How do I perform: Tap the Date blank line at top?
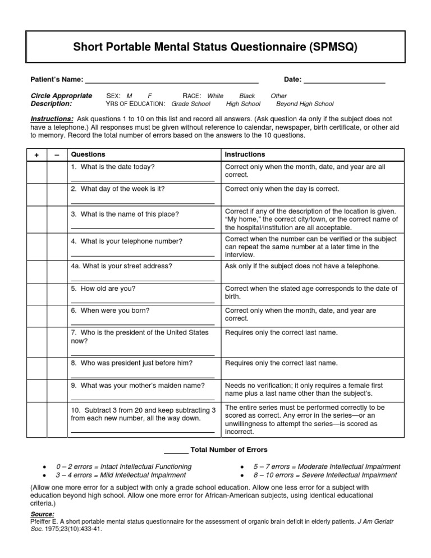click(344, 82)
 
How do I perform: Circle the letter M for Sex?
click(130, 96)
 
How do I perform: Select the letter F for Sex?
click(150, 96)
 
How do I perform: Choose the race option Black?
click(247, 96)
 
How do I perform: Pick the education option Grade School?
click(191, 104)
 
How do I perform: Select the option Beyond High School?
click(305, 104)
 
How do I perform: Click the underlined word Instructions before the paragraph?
click(52, 119)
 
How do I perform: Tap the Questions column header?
click(88, 154)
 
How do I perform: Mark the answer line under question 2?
click(143, 203)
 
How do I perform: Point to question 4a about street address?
click(121, 266)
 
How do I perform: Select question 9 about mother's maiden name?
click(137, 385)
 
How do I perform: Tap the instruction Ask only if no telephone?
click(302, 266)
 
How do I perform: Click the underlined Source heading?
click(42, 514)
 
